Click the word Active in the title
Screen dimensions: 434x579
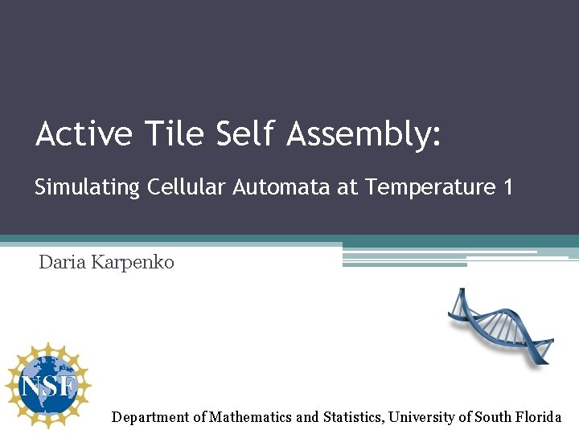[84, 133]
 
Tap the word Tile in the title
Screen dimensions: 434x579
[174, 133]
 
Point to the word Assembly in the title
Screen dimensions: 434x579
[358, 135]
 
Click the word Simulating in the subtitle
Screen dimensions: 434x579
[87, 188]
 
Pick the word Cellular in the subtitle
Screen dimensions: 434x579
[187, 187]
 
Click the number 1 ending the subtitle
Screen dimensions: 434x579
[507, 187]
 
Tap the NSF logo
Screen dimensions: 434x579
[48, 386]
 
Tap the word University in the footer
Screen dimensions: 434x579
[422, 417]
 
